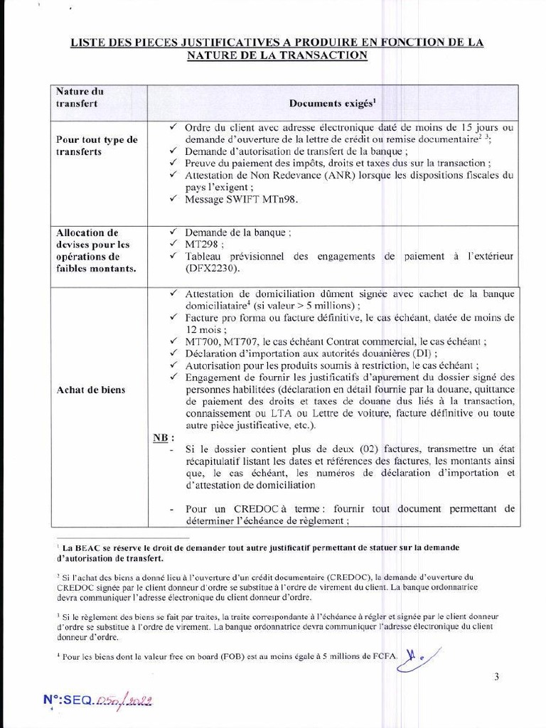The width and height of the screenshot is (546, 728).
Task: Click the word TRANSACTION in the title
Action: [x=324, y=55]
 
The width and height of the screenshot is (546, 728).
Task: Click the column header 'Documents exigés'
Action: [x=331, y=103]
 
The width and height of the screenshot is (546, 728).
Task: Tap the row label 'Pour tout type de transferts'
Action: [x=97, y=146]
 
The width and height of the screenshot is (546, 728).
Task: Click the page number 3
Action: [x=496, y=677]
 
